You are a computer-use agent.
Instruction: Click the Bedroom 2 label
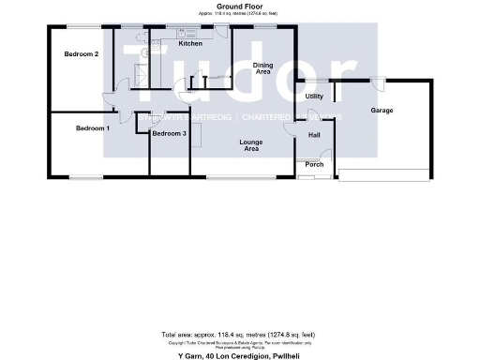point(82,54)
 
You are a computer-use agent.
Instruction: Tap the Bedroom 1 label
point(93,127)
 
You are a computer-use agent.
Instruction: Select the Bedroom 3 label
point(170,134)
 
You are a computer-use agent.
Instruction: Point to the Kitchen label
point(190,44)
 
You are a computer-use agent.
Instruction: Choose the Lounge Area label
point(251,144)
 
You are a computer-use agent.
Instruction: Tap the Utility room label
point(314,97)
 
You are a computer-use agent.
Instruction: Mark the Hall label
point(314,135)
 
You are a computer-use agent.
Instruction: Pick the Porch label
point(314,165)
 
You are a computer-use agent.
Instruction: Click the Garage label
point(382,111)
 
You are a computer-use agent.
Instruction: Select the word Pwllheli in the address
point(291,356)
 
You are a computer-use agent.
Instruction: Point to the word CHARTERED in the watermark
point(270,116)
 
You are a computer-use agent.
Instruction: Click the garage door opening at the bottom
point(384,174)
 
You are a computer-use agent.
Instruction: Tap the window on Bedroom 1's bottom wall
point(90,176)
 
